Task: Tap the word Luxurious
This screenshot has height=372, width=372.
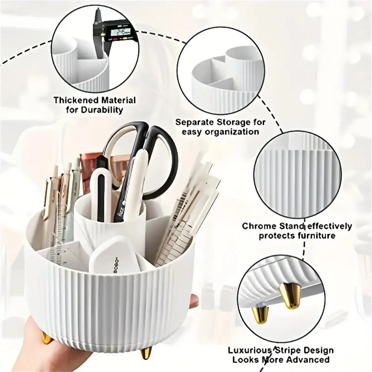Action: (x=250, y=351)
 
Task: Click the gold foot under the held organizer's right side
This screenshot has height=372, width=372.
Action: (x=146, y=353)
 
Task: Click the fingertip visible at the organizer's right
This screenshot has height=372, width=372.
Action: (x=194, y=300)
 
